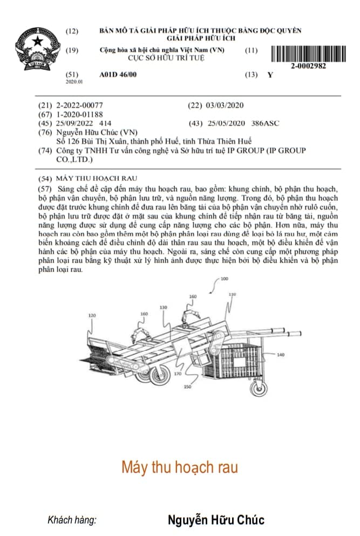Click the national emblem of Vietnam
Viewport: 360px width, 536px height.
click(x=38, y=49)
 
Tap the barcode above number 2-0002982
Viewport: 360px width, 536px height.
click(x=308, y=53)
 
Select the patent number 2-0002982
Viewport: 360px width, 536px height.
click(x=308, y=66)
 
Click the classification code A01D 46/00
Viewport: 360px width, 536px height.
click(x=118, y=74)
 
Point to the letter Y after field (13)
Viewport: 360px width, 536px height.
click(x=270, y=75)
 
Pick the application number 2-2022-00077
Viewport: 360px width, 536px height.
click(x=79, y=105)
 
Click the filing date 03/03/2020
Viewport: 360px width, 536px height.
click(x=225, y=105)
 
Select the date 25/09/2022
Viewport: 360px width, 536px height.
click(x=74, y=123)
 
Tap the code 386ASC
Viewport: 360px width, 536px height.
click(x=265, y=123)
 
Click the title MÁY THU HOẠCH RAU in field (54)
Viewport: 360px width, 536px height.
click(x=97, y=179)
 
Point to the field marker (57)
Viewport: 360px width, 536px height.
click(x=45, y=189)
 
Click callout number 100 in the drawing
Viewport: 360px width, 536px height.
click(x=225, y=279)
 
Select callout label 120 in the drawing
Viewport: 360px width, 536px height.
click(x=92, y=315)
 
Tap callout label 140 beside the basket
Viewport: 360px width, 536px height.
click(x=280, y=355)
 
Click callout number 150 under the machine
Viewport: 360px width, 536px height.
click(x=187, y=386)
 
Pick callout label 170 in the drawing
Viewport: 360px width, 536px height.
click(x=178, y=374)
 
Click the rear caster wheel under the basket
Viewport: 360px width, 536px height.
click(x=259, y=388)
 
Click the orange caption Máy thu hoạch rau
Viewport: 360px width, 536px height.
click(x=180, y=467)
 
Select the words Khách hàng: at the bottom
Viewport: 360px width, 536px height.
click(x=72, y=520)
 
